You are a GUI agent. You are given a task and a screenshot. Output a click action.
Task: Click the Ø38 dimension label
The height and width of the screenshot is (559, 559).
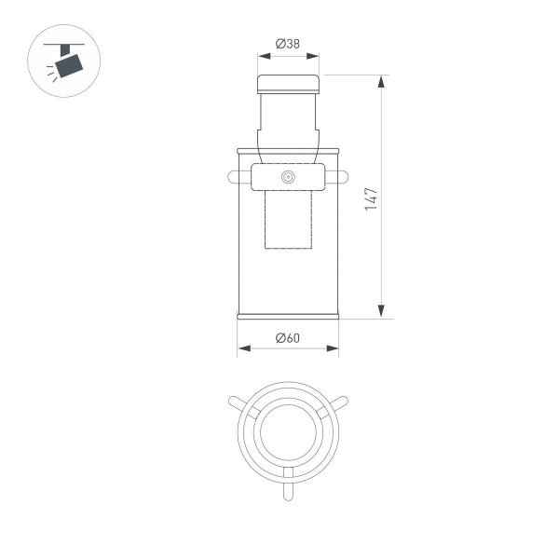click(x=288, y=43)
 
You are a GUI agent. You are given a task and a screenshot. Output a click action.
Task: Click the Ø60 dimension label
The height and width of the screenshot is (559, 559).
click(x=288, y=337)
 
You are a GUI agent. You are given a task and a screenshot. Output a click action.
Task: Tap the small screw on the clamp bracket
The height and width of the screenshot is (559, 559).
click(x=288, y=177)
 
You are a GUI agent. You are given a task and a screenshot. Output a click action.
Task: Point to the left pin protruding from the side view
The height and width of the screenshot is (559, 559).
click(x=233, y=176)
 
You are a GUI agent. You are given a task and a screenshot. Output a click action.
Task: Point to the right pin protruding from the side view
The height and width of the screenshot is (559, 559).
click(x=343, y=176)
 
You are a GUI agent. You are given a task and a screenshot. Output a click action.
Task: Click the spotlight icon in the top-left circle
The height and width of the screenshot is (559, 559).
click(x=66, y=63)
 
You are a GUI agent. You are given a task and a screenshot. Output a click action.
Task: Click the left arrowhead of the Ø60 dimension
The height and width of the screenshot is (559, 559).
click(x=243, y=349)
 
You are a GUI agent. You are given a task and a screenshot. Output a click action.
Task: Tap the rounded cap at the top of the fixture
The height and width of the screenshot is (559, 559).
click(x=288, y=84)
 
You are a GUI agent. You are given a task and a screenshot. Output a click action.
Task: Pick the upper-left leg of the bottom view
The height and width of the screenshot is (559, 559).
click(x=240, y=404)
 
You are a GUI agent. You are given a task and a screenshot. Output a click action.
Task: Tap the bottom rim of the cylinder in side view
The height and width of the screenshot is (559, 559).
click(x=288, y=316)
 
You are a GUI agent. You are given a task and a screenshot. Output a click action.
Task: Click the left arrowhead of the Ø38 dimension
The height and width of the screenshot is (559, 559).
click(x=263, y=55)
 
